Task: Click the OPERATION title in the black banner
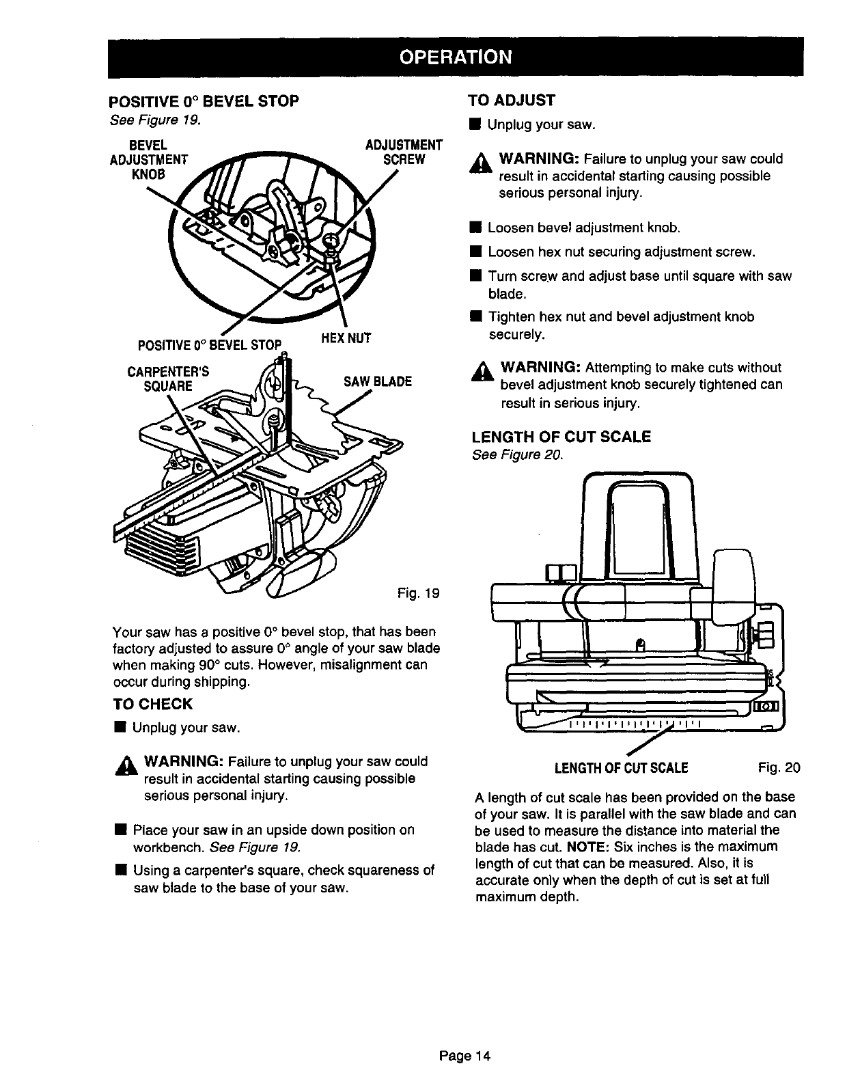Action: (455, 56)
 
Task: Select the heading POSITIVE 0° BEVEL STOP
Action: (204, 102)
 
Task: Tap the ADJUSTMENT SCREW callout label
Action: (404, 152)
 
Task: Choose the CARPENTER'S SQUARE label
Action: (167, 379)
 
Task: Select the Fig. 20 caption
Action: (779, 767)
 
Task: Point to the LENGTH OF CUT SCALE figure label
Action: (621, 767)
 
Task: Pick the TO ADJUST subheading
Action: (512, 100)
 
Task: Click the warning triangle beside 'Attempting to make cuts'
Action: (487, 372)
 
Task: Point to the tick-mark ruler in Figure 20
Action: (635, 723)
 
